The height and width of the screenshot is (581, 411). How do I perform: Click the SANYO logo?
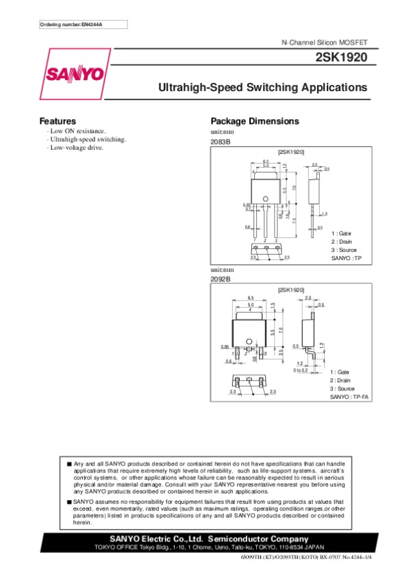pyautogui.click(x=75, y=73)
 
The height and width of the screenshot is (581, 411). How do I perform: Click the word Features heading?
pyautogui.click(x=58, y=121)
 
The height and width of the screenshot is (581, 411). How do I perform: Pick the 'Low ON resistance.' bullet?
pyautogui.click(x=77, y=130)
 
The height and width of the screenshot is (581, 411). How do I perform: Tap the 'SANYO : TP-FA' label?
pyautogui.click(x=349, y=397)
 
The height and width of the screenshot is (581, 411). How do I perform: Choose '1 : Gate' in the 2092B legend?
pyautogui.click(x=339, y=372)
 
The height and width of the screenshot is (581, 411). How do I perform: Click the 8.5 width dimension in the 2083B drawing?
pyautogui.click(x=266, y=160)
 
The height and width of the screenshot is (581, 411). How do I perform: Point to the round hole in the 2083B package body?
pyautogui.click(x=266, y=200)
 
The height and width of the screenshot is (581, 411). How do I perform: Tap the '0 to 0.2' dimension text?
pyautogui.click(x=300, y=370)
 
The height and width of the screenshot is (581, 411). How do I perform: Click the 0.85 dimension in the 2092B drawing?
pyautogui.click(x=225, y=347)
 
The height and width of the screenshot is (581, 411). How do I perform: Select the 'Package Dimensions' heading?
pyautogui.click(x=255, y=121)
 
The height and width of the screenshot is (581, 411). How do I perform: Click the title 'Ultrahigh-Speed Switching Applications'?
pyautogui.click(x=263, y=88)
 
